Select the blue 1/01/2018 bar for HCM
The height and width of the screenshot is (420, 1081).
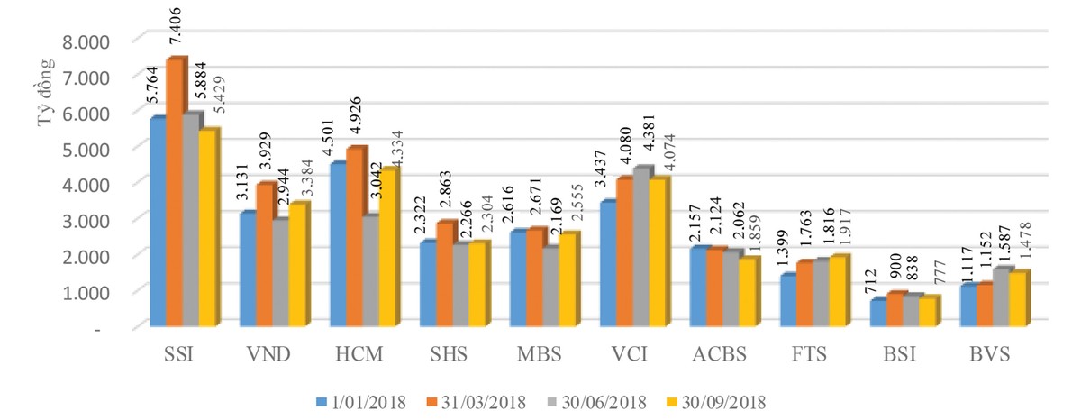click(338, 243)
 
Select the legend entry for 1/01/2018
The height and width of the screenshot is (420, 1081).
click(359, 400)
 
